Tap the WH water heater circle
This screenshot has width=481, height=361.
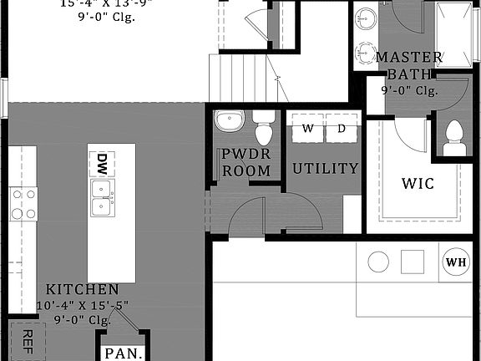(x=456, y=262)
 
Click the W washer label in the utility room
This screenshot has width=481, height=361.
(x=308, y=129)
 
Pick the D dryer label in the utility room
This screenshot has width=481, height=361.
(x=342, y=129)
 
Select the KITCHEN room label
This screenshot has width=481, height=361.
(x=82, y=288)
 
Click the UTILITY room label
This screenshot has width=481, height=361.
(x=325, y=168)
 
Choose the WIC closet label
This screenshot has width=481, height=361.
(x=418, y=183)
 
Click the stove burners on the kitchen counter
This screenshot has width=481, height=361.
(x=23, y=204)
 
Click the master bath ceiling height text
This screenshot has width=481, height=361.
(x=409, y=90)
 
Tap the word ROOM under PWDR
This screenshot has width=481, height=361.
(x=246, y=170)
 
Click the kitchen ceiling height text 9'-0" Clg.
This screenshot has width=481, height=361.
(x=82, y=318)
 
